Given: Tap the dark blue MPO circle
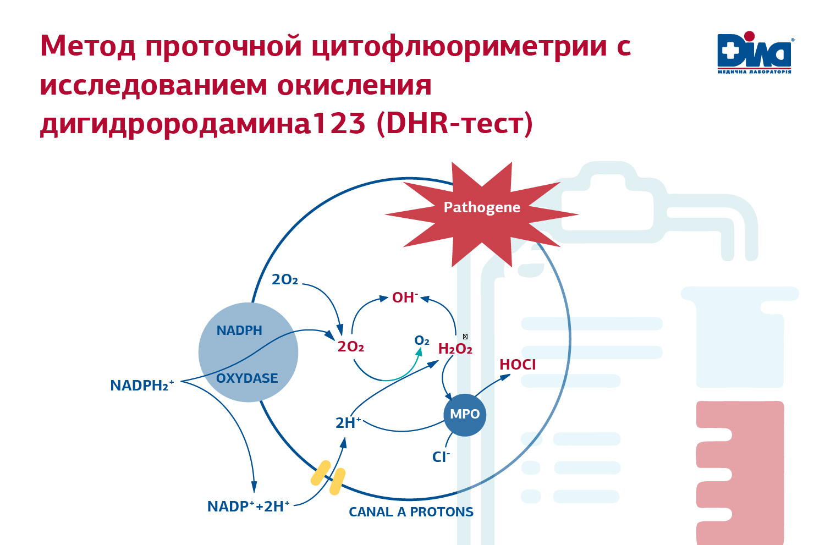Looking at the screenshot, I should (465, 415).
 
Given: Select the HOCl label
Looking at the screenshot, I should (518, 365).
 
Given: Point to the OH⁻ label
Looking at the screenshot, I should (405, 298).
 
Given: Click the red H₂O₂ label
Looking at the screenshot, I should (455, 349).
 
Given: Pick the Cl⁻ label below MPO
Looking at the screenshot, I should (441, 457).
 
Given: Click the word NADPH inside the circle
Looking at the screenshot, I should (239, 331).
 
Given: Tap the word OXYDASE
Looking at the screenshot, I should (247, 378).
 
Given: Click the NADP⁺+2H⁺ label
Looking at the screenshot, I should (248, 507).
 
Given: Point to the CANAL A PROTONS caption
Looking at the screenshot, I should (411, 512).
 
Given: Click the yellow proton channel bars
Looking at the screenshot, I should (328, 477).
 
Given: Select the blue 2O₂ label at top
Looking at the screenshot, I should (285, 280).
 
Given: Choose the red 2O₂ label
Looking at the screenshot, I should (351, 346).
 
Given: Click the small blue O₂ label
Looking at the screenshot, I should (422, 341).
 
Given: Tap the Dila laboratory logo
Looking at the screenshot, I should (754, 53).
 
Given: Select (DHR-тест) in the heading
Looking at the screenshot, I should (454, 123).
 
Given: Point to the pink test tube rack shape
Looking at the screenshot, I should (740, 473).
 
